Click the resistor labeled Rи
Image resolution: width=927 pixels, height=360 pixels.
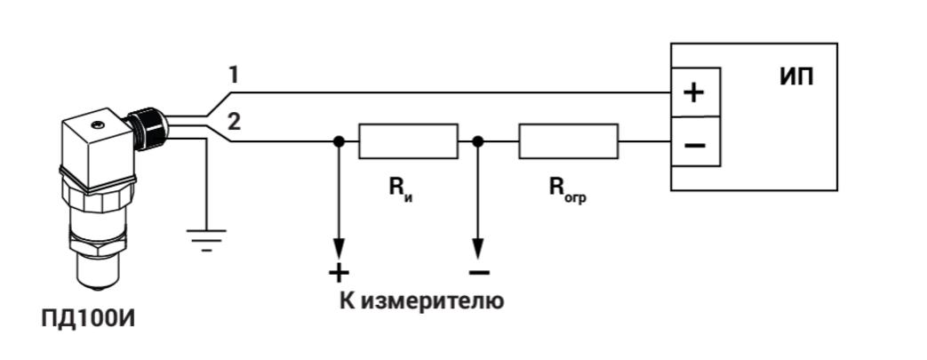(x=408, y=141)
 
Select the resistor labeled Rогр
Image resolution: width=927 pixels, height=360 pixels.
(x=568, y=141)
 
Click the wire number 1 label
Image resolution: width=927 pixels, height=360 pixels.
(x=234, y=76)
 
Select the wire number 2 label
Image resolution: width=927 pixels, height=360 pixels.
(x=234, y=122)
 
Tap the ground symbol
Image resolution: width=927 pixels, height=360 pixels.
(x=206, y=237)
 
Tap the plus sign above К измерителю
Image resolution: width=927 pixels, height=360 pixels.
(x=339, y=272)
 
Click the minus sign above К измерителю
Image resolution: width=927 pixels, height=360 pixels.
(x=478, y=272)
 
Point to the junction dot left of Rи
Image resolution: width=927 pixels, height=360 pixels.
(x=339, y=141)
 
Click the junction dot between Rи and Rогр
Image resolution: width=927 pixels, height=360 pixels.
(x=478, y=141)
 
